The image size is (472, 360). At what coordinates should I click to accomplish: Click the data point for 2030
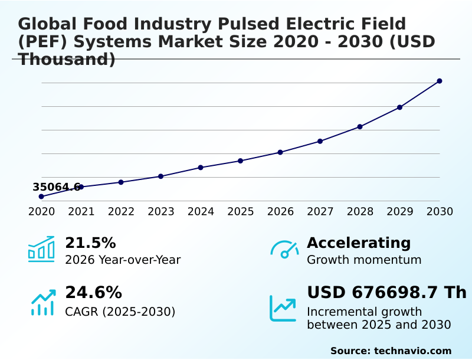440,81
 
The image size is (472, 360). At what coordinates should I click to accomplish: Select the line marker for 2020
41,197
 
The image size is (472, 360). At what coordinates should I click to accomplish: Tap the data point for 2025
240,161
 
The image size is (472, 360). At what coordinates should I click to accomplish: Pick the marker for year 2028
360,127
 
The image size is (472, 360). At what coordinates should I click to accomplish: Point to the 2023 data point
160,176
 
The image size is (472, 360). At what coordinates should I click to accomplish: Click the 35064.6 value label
56,187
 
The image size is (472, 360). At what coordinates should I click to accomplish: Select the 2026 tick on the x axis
280,212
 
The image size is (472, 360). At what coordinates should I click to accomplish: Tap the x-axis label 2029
400,212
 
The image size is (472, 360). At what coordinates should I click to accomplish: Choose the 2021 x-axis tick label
81,212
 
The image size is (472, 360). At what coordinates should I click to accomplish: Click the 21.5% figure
90,243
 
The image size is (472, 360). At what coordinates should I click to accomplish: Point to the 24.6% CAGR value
93,293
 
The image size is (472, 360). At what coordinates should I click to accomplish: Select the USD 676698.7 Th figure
386,293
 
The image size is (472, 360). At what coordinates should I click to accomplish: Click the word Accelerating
359,243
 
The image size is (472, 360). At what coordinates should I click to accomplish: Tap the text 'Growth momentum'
364,260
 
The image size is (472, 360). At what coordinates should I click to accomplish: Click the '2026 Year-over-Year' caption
123,260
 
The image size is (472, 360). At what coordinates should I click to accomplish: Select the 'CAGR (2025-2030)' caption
120,312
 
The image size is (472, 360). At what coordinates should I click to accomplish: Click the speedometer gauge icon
284,250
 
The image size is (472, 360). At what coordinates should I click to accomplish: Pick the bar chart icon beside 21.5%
41,250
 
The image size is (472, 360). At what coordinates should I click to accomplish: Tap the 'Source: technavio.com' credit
391,351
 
